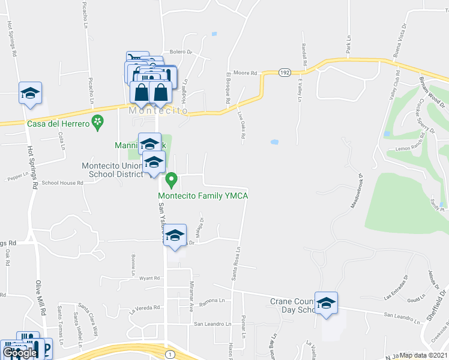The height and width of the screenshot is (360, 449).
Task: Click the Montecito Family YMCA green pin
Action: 171,179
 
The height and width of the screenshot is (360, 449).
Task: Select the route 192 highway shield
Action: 284,73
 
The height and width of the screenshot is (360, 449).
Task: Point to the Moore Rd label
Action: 245,73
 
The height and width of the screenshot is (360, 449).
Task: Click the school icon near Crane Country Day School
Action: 326,304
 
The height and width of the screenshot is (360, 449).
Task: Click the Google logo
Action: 20,353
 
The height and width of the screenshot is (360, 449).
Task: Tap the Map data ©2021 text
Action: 423,355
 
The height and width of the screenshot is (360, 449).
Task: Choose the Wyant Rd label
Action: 149,278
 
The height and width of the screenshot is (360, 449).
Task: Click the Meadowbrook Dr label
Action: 356,191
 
